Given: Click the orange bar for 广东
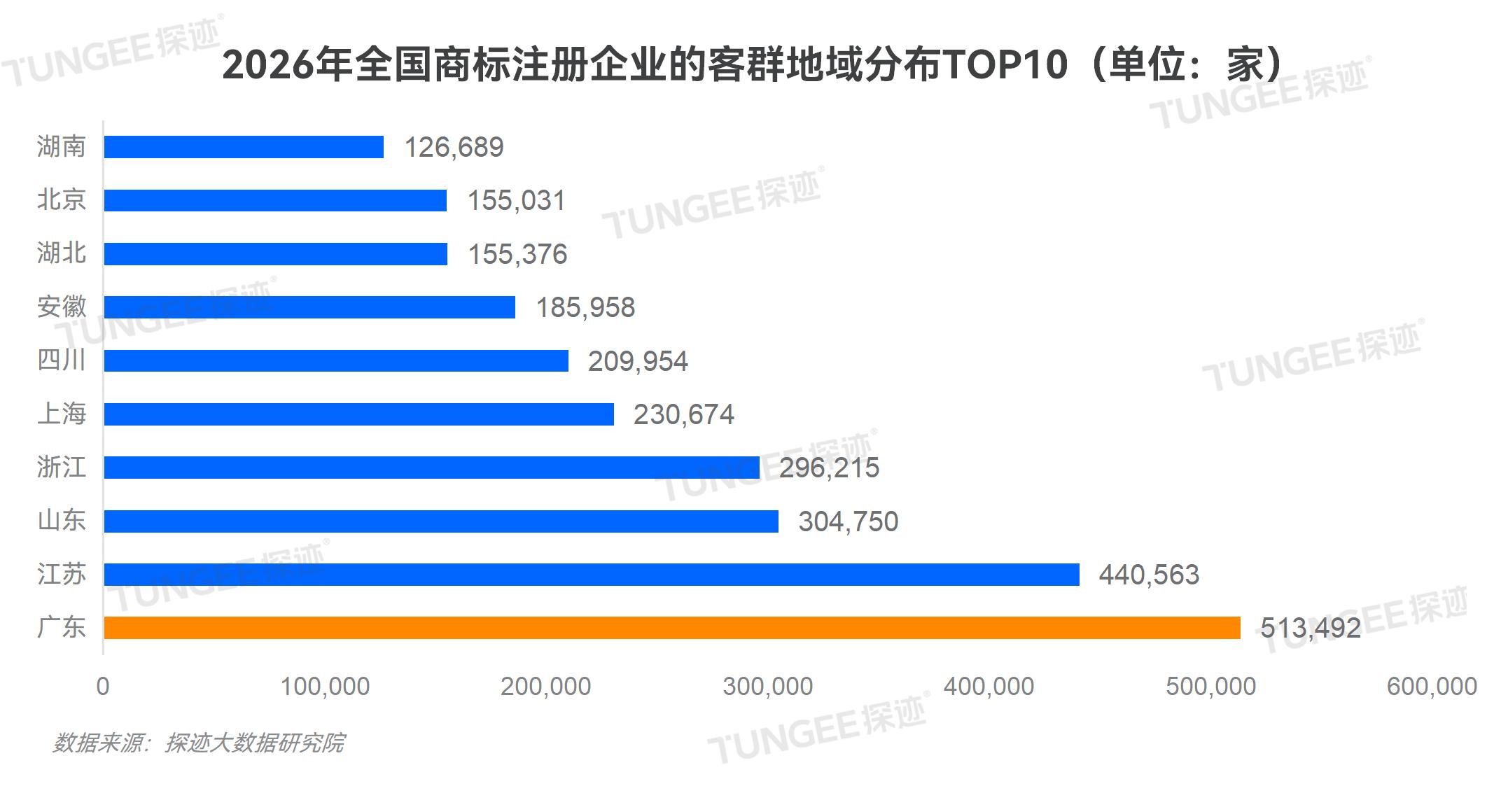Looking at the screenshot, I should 672,628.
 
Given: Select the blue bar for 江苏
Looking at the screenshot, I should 592,575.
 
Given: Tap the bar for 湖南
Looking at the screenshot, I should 244,147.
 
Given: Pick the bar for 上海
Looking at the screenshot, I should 358,414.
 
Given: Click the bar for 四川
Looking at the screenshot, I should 336,361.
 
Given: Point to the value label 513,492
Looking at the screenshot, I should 1311,628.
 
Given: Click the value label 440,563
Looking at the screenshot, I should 1149,575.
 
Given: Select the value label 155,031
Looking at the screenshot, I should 516,201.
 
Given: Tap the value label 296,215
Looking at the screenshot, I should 829,468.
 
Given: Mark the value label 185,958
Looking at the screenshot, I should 585,307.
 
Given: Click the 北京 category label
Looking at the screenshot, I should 62,200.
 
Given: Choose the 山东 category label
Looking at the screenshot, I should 62,521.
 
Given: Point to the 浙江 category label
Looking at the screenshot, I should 62,467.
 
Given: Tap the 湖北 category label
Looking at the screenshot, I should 62,253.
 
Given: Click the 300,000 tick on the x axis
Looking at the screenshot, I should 768,687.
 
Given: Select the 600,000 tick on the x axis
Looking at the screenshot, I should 1432,687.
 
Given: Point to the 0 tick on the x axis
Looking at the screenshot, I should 103,687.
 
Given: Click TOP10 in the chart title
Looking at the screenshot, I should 1005,65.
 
